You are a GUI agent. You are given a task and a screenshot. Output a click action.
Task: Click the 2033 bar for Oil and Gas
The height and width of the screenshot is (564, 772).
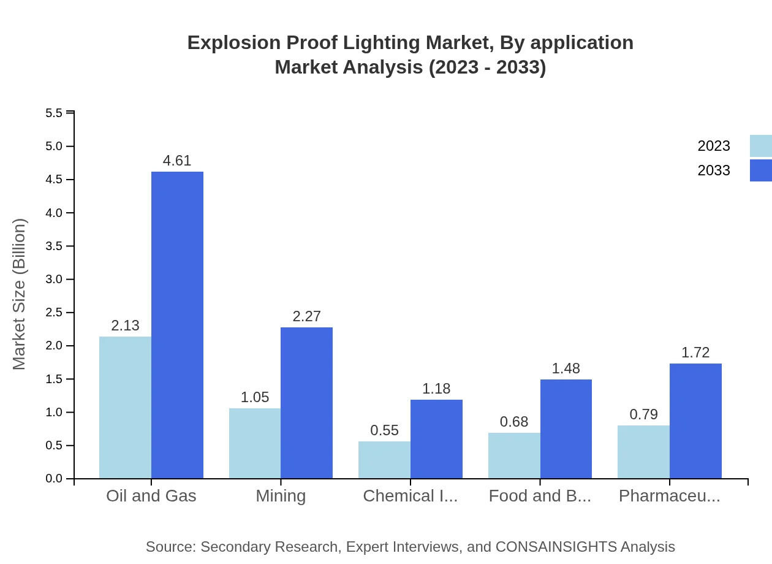coord(177,325)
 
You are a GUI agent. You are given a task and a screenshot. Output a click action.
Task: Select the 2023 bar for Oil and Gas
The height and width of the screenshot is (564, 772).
coord(125,407)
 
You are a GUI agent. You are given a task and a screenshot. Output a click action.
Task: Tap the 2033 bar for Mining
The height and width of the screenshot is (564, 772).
coord(306,403)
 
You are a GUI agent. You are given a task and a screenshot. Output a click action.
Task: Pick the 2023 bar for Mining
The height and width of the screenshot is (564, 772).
coord(255,443)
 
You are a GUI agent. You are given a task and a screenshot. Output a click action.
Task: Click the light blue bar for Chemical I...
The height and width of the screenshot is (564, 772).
coord(384,460)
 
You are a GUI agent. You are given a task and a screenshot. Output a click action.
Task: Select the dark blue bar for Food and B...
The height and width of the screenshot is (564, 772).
coord(566,429)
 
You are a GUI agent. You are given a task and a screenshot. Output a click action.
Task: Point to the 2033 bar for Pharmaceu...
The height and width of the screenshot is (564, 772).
coord(695,421)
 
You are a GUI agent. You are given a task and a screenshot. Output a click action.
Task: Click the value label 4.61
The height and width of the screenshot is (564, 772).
coord(177,161)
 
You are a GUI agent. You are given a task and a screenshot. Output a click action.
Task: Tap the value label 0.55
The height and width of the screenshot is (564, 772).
coord(384,430)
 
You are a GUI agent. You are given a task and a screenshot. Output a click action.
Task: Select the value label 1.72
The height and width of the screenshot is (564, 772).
coord(695,352)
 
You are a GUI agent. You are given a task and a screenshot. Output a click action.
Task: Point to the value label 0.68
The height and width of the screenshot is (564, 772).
coord(514,422)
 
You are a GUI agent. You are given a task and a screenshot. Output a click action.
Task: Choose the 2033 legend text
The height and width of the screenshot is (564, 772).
coord(714,170)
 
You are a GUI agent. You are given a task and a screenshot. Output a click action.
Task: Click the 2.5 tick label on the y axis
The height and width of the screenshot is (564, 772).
coord(54,313)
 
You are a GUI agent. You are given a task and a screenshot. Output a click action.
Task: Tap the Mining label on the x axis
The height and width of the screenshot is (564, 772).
coord(281,496)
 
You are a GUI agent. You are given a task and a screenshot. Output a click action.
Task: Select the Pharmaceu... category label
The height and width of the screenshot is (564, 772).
coord(669,496)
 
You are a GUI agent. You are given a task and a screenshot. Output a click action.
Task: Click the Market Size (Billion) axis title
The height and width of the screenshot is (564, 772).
coord(19,294)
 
